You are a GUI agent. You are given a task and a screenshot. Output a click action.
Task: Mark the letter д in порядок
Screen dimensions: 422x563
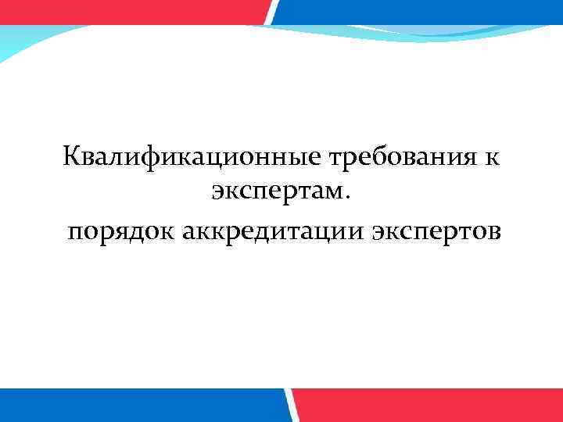(x=130, y=233)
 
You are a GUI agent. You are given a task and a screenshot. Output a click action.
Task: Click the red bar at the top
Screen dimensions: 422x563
(x=133, y=11)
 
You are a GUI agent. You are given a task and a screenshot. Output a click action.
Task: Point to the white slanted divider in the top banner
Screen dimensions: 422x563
(x=271, y=11)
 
